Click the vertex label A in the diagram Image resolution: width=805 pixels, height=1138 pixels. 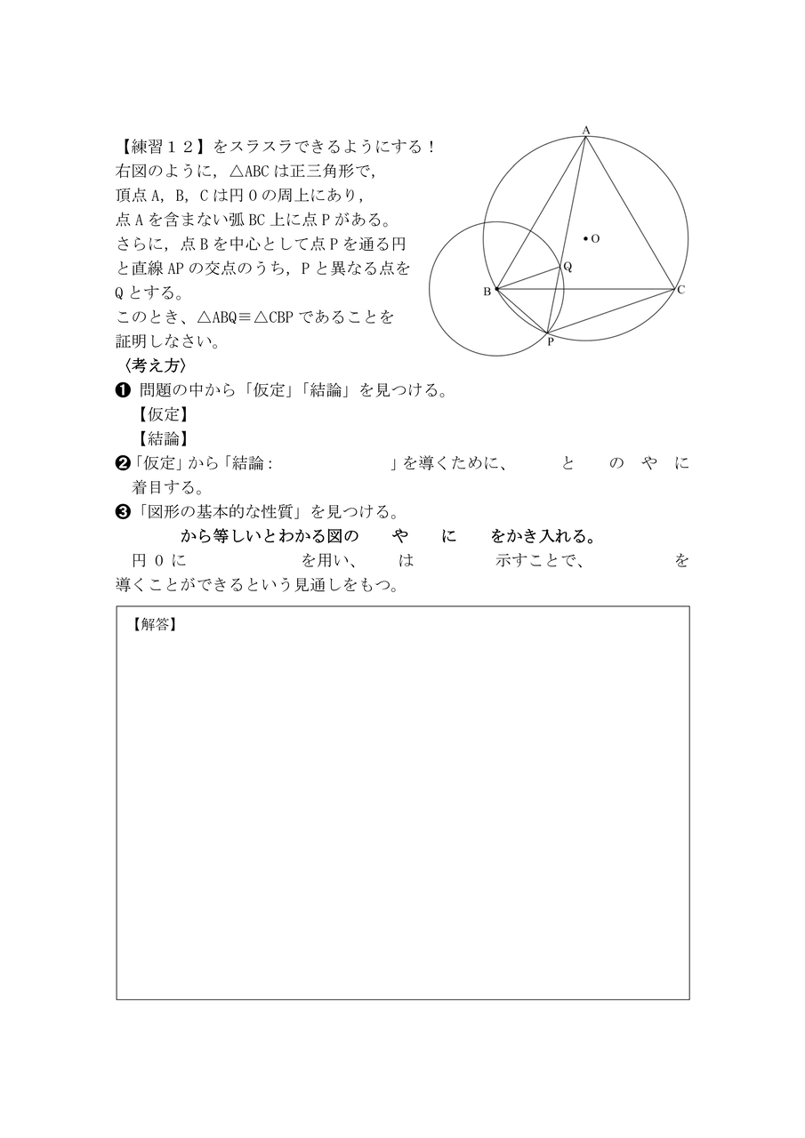(586, 130)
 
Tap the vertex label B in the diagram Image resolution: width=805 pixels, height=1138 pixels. (487, 292)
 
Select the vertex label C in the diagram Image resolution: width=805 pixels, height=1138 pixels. (680, 290)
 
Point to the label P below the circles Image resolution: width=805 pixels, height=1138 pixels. (550, 341)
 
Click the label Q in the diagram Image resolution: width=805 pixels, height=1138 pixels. (568, 266)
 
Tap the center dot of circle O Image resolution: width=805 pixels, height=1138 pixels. (585, 238)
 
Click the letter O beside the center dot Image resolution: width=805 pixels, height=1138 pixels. (595, 238)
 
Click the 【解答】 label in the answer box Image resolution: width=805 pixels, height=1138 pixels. (154, 624)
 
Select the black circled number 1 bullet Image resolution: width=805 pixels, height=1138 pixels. (124, 390)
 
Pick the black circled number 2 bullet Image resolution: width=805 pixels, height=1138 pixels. (124, 463)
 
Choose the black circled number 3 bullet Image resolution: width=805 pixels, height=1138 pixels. (124, 512)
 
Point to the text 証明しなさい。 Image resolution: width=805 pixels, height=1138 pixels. (165, 341)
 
